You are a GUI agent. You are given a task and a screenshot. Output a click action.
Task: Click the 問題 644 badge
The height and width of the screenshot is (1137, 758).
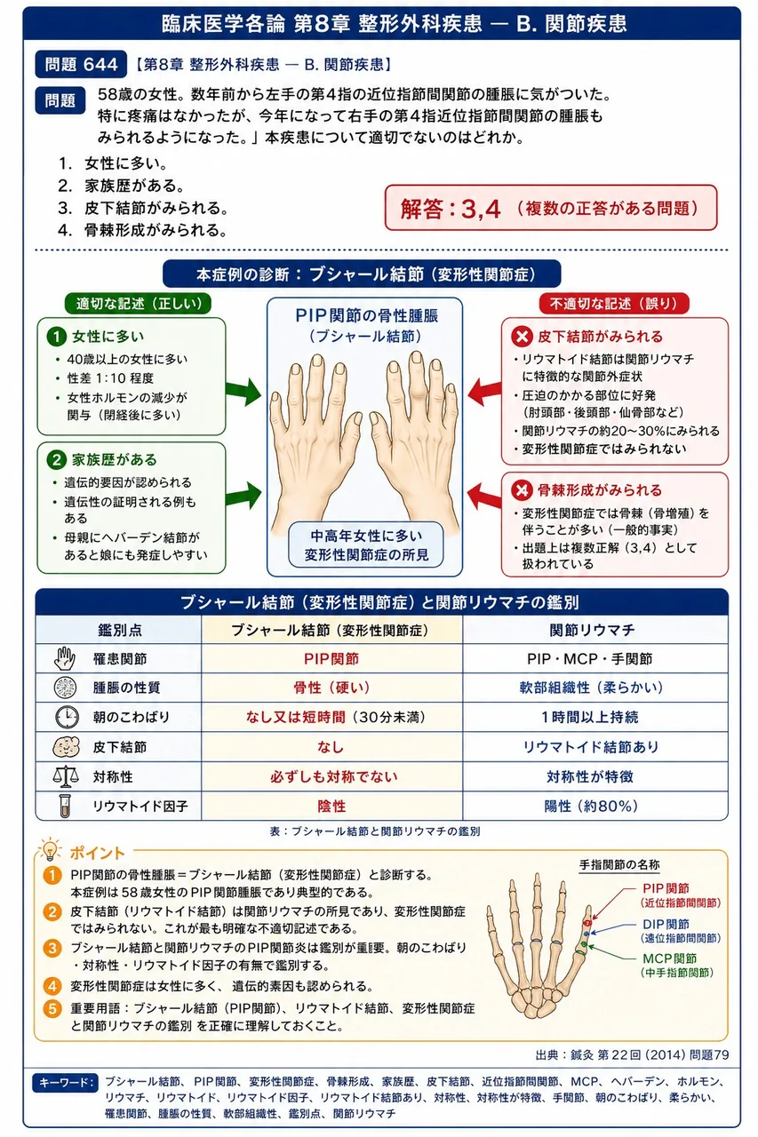point(81,65)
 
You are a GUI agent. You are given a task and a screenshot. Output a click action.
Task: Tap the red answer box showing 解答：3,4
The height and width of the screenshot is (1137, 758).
point(551,208)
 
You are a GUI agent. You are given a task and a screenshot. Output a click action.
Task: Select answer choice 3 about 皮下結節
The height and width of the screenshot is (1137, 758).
point(143,208)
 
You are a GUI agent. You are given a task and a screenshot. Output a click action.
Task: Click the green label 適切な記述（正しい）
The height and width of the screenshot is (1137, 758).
point(138,304)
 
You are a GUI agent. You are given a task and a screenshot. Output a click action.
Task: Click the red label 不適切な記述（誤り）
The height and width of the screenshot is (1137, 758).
point(614,304)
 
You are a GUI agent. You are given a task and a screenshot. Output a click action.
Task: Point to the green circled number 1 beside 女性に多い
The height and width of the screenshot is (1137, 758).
point(56,336)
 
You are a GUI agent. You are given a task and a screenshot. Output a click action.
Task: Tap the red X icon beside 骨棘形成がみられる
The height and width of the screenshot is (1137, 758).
point(522,490)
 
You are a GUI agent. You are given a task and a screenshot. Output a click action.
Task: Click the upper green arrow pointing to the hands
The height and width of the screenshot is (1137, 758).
point(243,392)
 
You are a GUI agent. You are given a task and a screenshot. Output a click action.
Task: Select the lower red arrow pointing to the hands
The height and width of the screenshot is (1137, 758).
point(484,496)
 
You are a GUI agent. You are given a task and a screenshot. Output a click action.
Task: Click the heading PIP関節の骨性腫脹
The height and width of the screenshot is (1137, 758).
point(367,315)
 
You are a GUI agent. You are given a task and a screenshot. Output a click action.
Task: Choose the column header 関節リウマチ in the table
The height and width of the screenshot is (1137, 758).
point(593,630)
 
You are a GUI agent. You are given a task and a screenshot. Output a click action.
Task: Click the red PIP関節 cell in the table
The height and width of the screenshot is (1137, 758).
point(331,659)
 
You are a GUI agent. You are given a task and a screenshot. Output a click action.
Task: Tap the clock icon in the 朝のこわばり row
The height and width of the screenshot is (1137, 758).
point(67,717)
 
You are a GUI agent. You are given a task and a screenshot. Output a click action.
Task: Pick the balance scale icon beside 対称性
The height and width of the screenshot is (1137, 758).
point(66,776)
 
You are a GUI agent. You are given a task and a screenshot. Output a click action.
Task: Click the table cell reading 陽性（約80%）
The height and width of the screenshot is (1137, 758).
point(591,806)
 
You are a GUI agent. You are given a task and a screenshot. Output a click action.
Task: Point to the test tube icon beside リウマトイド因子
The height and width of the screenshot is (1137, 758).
point(65,806)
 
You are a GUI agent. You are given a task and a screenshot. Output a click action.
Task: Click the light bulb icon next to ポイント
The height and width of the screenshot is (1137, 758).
point(50,850)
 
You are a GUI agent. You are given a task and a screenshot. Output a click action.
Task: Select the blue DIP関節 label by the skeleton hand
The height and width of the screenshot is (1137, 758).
point(666,924)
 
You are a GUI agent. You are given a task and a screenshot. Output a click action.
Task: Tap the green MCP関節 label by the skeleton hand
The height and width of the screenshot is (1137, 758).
point(669,958)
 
